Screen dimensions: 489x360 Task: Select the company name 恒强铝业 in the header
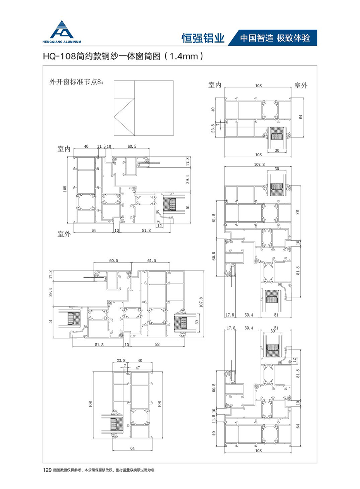203,38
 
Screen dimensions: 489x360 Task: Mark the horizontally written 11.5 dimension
101,146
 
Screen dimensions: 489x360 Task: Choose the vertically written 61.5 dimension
214,218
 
